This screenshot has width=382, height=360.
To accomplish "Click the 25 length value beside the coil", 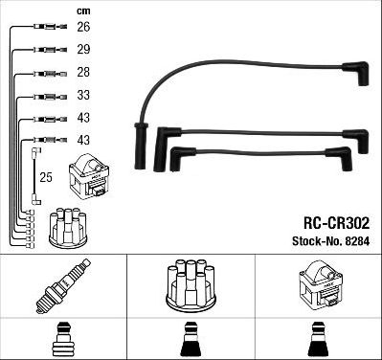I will (x=45, y=177).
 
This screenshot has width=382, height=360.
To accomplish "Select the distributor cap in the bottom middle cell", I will (x=191, y=285).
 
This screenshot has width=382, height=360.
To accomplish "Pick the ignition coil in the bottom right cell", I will (x=318, y=285).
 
